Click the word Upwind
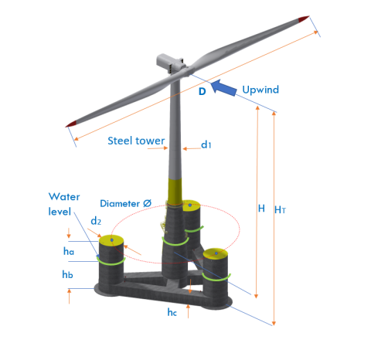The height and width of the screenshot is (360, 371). point(260,90)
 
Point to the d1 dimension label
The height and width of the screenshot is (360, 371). point(206,144)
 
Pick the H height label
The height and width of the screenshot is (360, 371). point(261,209)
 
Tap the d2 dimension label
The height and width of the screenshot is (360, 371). point(96,222)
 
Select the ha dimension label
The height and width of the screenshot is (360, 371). point(69,250)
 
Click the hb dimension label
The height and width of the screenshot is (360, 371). point(69,274)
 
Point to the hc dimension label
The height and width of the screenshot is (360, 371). point(173,312)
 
